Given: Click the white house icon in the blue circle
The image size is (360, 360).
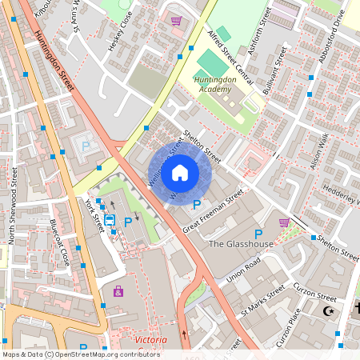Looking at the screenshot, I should click(180, 172).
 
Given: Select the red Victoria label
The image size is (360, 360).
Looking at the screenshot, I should click(151, 340).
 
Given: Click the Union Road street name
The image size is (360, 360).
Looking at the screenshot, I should click(244, 272).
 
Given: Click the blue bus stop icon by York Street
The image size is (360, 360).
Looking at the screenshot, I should click(110, 219).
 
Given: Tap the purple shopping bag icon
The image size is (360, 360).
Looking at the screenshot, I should click(118, 291).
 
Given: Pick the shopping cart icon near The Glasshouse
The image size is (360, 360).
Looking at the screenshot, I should click(283, 222).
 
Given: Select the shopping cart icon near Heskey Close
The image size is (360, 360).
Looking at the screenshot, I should click(176, 21).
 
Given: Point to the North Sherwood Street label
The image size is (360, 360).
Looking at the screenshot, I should click(13, 204).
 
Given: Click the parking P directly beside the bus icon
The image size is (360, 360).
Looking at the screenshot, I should click(127, 221).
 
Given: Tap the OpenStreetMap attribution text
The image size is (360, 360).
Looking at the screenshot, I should click(80, 354).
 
